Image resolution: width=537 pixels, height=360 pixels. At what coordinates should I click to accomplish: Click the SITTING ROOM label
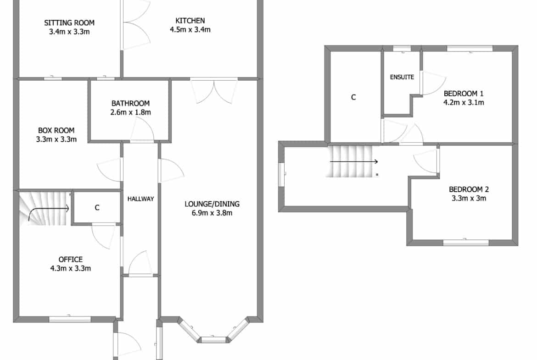coord(69,22)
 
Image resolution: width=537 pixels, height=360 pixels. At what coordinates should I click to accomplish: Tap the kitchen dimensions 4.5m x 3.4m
coord(190,30)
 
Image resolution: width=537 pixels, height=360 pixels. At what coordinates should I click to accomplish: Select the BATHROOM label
coord(130,103)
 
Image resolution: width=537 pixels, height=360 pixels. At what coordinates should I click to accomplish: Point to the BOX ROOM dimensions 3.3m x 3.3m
coord(56,139)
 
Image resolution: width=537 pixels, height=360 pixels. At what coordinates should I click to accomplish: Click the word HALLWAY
coord(141,199)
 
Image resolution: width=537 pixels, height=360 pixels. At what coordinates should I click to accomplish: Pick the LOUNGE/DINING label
coord(212,204)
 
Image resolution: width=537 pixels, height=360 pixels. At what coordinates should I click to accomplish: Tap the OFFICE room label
coord(71,260)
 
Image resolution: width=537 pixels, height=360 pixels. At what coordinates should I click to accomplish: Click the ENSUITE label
coord(402,77)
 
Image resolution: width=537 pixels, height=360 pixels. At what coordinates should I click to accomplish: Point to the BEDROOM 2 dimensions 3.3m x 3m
coord(469,198)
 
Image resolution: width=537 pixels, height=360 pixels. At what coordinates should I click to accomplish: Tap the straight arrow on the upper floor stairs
coord(354,161)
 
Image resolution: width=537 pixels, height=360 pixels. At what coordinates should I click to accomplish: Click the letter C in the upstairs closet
coord(353,97)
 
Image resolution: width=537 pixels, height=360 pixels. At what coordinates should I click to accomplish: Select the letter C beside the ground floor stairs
coord(97,207)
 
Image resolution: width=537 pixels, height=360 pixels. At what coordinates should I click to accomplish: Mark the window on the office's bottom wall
coord(70,319)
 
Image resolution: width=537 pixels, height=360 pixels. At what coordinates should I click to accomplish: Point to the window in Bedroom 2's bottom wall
coord(466,243)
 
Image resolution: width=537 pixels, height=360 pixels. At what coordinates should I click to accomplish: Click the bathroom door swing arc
coord(142,128)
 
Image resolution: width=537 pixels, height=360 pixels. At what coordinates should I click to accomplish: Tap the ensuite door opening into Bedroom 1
coord(433,83)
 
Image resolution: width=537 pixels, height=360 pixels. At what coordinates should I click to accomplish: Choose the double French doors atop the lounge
coord(214,91)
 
